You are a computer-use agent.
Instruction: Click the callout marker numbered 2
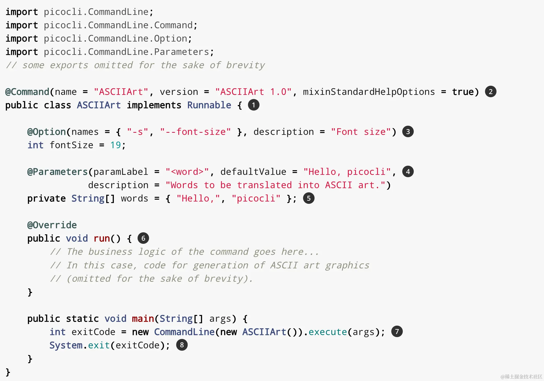coord(490,92)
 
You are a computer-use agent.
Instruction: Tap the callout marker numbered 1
coord(253,105)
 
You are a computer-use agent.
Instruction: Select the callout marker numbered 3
coord(408,132)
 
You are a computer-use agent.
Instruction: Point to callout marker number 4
coord(408,172)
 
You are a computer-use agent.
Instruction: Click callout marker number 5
coord(309,198)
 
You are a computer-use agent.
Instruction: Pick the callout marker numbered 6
coord(143,238)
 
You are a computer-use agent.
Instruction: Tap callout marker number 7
coord(397,332)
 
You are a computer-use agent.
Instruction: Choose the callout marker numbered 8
coord(182,345)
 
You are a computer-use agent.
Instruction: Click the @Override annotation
coord(52,225)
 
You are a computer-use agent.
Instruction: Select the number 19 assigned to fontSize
coord(115,145)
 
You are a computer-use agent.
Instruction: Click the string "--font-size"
coord(196,132)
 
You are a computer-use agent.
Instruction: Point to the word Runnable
coord(209,105)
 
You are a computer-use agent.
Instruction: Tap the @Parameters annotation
coord(57,172)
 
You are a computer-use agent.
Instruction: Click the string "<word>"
coord(187,172)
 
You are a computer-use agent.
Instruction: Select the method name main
coord(143,319)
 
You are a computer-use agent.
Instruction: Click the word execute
coord(328,332)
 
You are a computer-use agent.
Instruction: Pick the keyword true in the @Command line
coord(463,92)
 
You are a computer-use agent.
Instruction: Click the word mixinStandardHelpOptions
coord(369,92)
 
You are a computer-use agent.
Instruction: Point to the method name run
coord(102,238)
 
